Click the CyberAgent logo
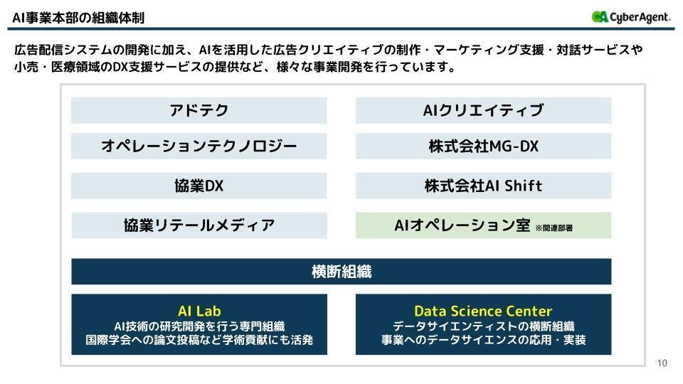pos(630,17)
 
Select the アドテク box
pos(198,110)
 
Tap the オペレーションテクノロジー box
pos(198,146)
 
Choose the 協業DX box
pos(198,186)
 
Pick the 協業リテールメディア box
pos(198,225)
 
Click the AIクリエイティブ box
pos(483,110)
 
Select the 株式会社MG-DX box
pos(483,146)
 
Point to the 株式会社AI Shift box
pos(483,186)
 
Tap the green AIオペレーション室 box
pos(462,225)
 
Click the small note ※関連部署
pos(554,228)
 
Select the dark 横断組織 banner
pos(341,271)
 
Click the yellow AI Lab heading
pos(199,311)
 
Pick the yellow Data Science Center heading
pos(483,311)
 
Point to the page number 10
pos(662,363)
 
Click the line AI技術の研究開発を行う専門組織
pos(199,326)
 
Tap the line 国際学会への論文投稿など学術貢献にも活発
pos(199,340)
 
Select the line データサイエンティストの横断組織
pos(483,326)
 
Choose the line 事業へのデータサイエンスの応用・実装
pos(483,340)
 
